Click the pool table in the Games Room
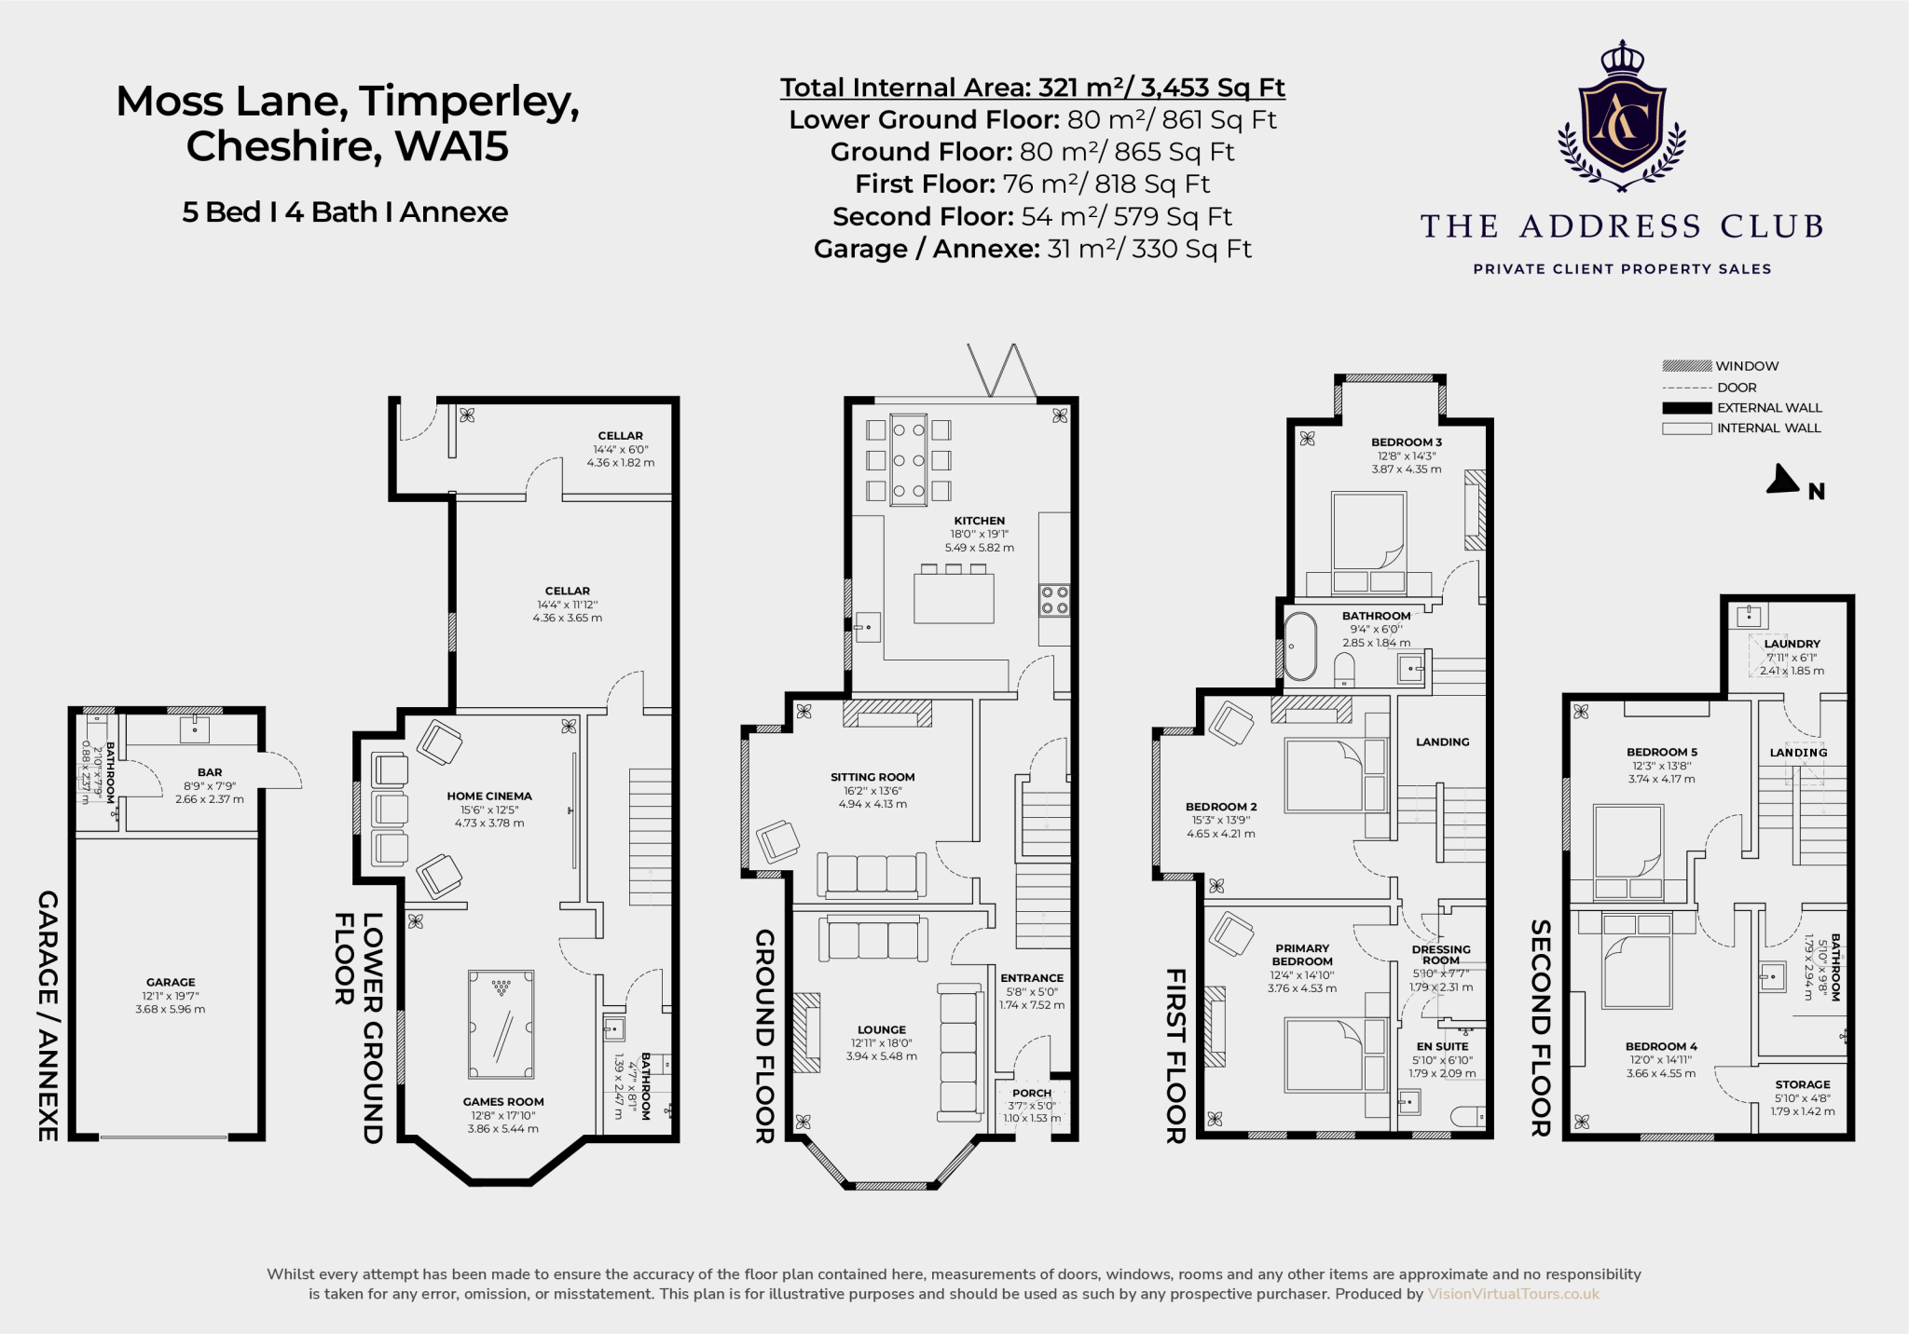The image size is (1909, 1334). pos(501,1024)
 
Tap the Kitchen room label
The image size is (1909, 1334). pos(979,521)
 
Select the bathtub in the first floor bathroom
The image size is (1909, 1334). pos(1299,646)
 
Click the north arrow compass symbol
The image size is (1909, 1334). pos(1783,479)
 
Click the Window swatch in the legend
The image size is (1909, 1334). pos(1686,366)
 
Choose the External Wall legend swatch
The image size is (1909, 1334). pos(1686,408)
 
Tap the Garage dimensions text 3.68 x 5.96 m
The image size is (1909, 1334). pos(171,1009)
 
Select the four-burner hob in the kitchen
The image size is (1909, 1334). pos(1054,600)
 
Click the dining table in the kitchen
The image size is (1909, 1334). pos(908,459)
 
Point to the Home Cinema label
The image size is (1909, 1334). pos(489,796)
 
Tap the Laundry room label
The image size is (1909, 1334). pos(1792,644)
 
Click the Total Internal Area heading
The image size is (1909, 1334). pos(1032,88)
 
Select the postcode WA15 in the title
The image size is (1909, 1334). pos(452,146)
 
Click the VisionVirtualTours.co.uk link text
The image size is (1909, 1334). pos(1514,1294)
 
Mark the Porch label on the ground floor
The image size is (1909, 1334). pos(1032,1093)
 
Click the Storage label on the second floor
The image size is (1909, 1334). pos(1803,1084)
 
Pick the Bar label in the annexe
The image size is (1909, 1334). pos(210,772)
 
